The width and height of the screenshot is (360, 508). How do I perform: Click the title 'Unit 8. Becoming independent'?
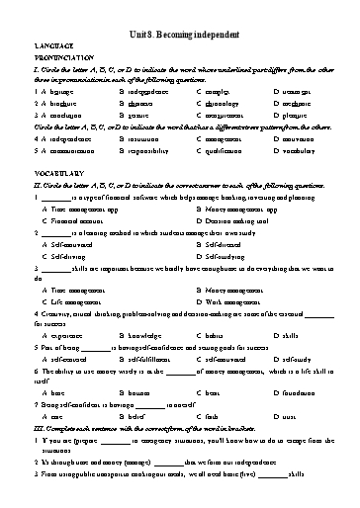180,32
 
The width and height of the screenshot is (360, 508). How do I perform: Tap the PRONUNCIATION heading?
64,56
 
